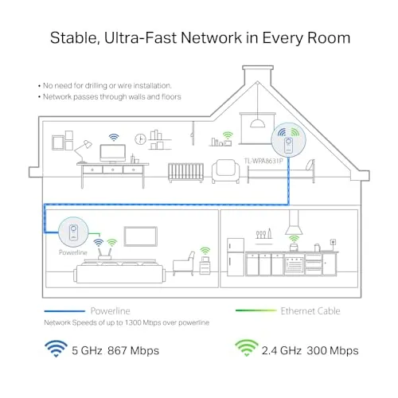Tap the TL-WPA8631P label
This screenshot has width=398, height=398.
tap(263, 161)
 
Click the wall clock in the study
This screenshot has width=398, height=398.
tap(140, 139)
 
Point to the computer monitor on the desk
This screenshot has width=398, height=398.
tap(113, 154)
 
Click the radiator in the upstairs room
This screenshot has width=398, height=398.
tap(185, 173)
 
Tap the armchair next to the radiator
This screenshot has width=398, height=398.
tap(226, 171)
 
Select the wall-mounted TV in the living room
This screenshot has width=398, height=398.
tap(141, 236)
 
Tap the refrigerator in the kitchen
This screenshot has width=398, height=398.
tap(236, 257)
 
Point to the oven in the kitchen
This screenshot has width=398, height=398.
tap(294, 264)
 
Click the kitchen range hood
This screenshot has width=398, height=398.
tap(294, 223)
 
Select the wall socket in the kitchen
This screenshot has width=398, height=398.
tap(334, 242)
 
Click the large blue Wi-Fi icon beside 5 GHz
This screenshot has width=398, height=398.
tap(56, 349)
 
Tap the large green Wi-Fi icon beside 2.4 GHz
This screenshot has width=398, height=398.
tap(247, 348)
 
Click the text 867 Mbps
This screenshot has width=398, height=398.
tap(133, 350)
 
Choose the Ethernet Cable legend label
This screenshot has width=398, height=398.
tap(310, 311)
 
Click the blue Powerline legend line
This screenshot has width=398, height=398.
tap(64, 311)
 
